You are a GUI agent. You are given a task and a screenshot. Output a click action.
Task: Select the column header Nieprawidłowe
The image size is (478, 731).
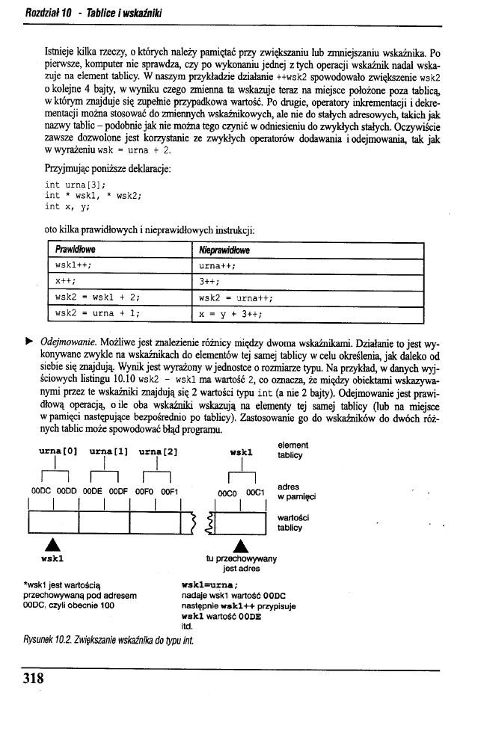[x=224, y=249]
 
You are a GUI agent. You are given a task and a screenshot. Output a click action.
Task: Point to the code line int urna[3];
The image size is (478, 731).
[x=76, y=185]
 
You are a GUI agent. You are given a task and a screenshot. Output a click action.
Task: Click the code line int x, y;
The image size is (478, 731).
[x=68, y=206]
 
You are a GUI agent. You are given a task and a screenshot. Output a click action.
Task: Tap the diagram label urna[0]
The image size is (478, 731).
[x=58, y=452]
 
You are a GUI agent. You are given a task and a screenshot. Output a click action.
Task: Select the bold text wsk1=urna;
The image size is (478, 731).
[x=210, y=585]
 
